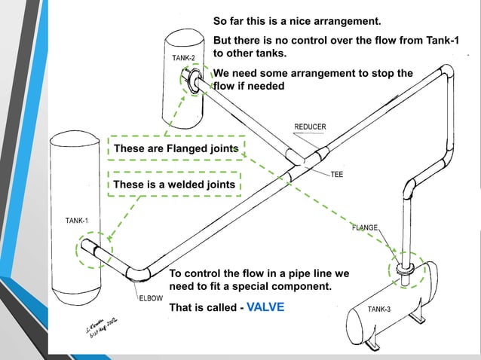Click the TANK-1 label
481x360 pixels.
click(76, 220)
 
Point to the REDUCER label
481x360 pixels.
click(310, 126)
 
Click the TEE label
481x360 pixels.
click(338, 174)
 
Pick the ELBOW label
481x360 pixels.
click(149, 298)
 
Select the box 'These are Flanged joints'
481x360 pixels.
click(176, 149)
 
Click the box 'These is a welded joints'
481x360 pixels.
click(175, 184)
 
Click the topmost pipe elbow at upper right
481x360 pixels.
click(446, 74)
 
